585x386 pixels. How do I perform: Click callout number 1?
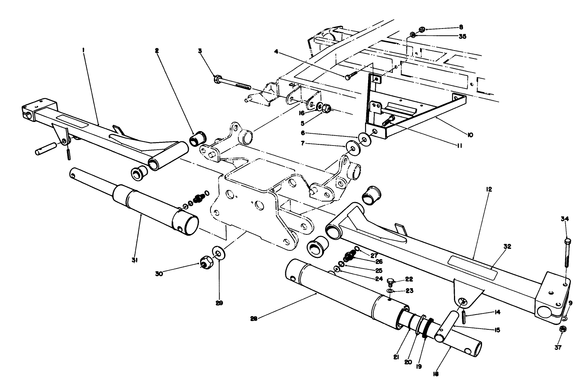pyautogui.click(x=84, y=50)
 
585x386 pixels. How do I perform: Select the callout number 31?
pyautogui.click(x=134, y=260)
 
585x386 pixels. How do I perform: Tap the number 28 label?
pyautogui.click(x=254, y=319)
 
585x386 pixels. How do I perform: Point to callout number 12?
pyautogui.click(x=489, y=189)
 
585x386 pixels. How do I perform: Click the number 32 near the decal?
pyautogui.click(x=507, y=246)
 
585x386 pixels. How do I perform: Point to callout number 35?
pyautogui.click(x=462, y=36)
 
